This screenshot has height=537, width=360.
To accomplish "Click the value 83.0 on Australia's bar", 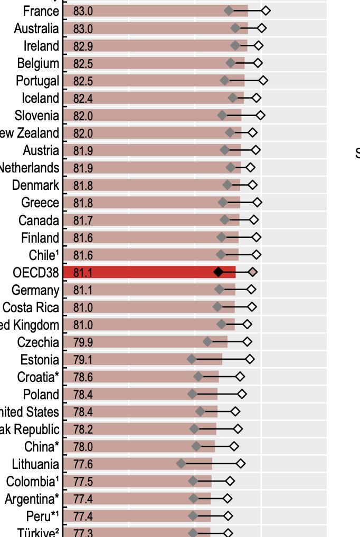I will point(83,28).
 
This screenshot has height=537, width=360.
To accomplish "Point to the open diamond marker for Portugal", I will point(263,81).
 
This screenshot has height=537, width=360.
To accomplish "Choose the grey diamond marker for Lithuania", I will point(182,464).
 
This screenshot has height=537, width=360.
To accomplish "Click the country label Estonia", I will point(40,360).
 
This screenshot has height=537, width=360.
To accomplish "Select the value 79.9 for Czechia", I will point(83,342).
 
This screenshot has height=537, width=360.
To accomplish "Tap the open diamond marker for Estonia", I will point(250,359).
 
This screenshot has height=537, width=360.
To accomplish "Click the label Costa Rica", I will point(31,308).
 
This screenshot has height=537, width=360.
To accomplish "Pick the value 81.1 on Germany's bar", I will point(83,290).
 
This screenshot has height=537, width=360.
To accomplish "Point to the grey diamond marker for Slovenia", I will point(222,115).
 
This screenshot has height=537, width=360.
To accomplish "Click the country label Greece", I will point(40,203).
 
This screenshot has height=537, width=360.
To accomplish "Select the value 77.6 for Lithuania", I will point(83,464).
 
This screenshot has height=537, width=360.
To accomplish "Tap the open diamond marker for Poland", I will point(242,394).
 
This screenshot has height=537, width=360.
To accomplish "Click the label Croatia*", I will point(38,377).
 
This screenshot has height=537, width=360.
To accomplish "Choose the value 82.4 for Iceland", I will point(83,98).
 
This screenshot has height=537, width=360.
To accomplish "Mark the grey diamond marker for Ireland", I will point(235,46).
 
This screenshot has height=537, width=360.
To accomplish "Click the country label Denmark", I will point(35,185).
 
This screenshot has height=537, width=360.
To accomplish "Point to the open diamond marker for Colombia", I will point(230,481).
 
